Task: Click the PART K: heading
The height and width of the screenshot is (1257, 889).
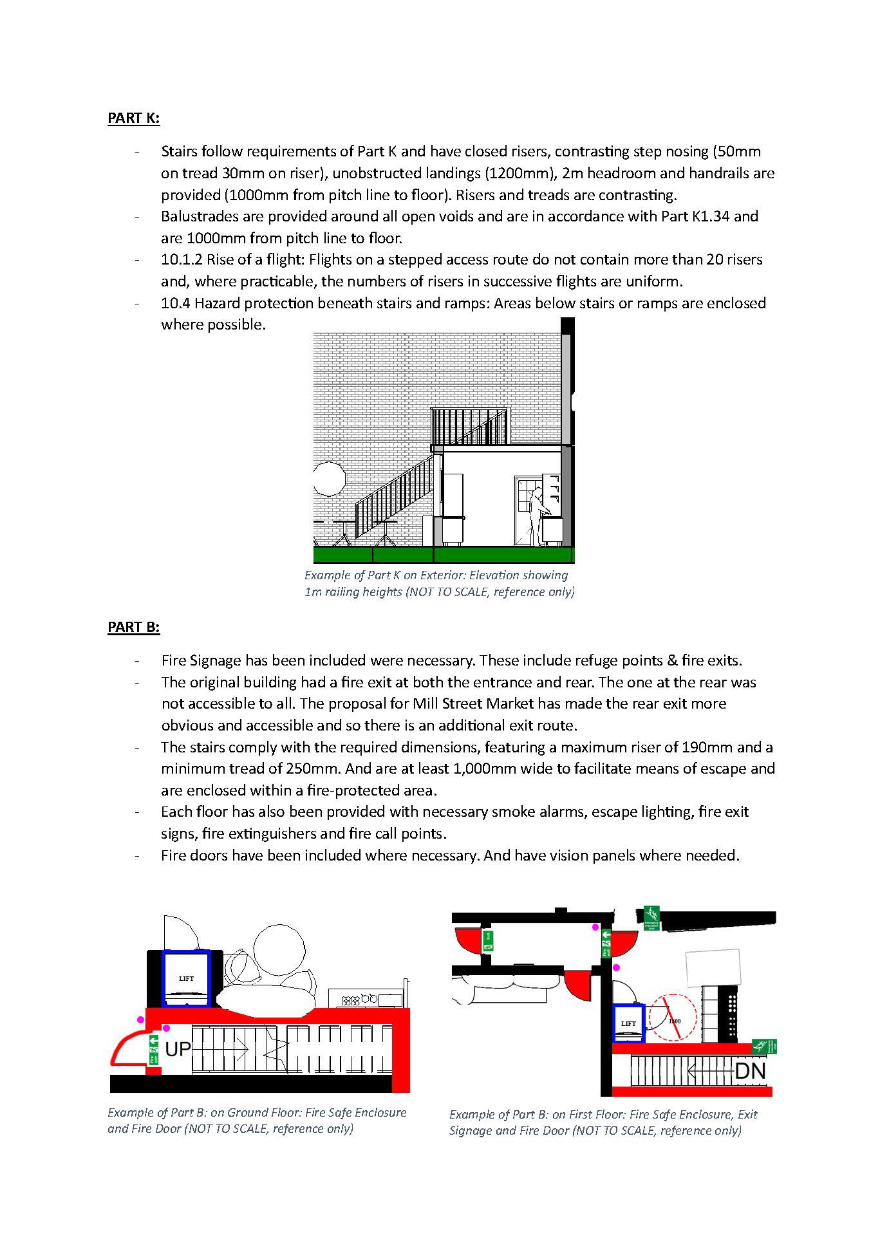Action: point(133,118)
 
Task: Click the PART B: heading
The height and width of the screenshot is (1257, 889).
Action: point(133,626)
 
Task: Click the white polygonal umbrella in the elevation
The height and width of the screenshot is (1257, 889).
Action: point(329,479)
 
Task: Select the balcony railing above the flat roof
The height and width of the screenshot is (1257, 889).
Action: point(471,426)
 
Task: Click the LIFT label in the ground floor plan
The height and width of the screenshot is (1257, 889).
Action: point(186,979)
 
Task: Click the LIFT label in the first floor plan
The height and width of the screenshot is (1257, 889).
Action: point(628,1023)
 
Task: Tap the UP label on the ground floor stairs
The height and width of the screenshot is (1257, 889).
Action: point(178,1049)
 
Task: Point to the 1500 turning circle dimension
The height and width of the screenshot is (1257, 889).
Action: point(674,1021)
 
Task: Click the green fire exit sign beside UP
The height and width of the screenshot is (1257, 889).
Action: point(153,1050)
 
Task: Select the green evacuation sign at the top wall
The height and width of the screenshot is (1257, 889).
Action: point(651,917)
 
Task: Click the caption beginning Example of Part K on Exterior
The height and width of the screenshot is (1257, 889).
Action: point(439,583)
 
